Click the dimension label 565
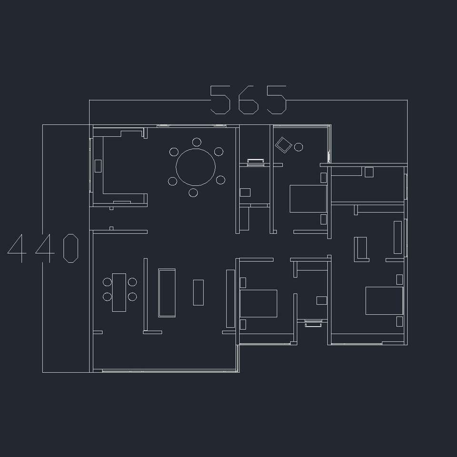248,99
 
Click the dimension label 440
43,248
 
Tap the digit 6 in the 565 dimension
248,99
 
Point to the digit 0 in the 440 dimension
71,248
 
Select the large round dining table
196,167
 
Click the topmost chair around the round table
197,142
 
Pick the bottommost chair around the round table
193,192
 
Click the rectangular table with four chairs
119,292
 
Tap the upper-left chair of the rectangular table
107,282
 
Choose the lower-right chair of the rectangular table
132,297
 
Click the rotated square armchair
284,145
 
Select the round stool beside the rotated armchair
298,147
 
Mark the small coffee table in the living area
198,293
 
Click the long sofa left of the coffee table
167,293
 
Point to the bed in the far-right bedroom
385,301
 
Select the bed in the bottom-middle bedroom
258,303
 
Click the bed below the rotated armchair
308,199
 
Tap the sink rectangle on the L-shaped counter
98,166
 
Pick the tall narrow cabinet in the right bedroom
397,237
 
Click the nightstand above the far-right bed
399,279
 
